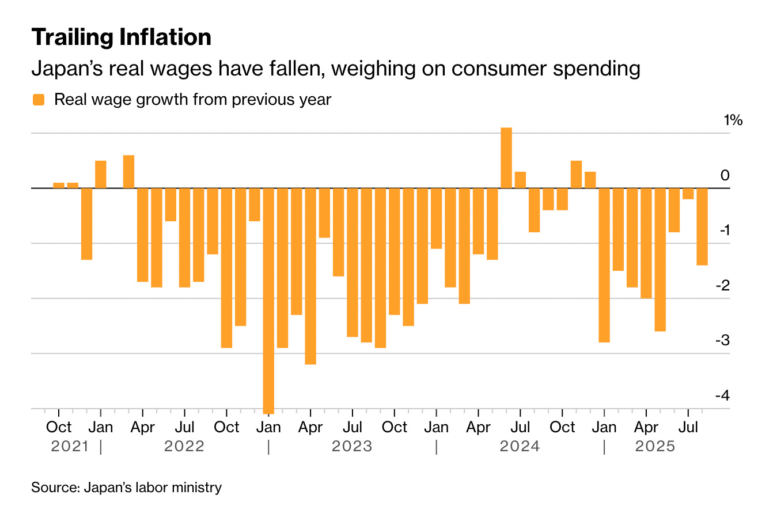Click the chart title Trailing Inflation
pyautogui.click(x=122, y=37)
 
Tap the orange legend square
pyautogui.click(x=39, y=100)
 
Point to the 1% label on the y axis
pyautogui.click(x=733, y=120)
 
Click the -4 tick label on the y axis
pyautogui.click(x=722, y=396)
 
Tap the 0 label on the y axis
pyautogui.click(x=725, y=175)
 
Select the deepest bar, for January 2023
pyautogui.click(x=268, y=300)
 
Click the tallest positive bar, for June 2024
pyautogui.click(x=506, y=157)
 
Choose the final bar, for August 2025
pyautogui.click(x=702, y=226)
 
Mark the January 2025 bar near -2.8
pyautogui.click(x=604, y=265)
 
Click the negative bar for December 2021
pyautogui.click(x=86, y=224)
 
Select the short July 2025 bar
pyautogui.click(x=688, y=194)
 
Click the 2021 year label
pyautogui.click(x=69, y=447)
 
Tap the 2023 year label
pyautogui.click(x=351, y=447)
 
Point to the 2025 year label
pyautogui.click(x=654, y=447)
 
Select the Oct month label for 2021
pyautogui.click(x=59, y=428)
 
